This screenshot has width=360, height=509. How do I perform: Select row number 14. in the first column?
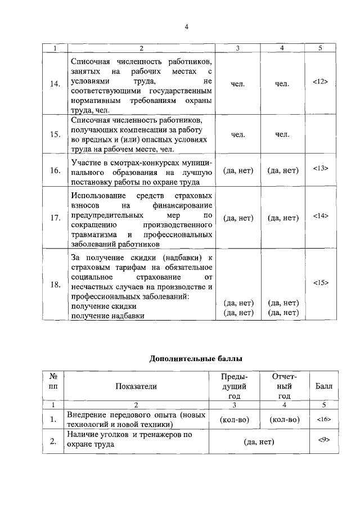click(55, 84)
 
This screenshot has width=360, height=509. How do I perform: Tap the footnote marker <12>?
click(319, 82)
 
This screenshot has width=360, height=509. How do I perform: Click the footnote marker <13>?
click(319, 168)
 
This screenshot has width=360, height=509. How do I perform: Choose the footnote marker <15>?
click(319, 282)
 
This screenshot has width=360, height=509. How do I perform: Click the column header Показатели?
click(136, 386)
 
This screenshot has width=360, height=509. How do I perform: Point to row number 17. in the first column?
click(55, 218)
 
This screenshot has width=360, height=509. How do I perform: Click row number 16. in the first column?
click(55, 172)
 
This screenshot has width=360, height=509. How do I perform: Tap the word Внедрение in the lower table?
click(87, 415)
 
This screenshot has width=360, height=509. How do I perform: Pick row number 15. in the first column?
click(55, 134)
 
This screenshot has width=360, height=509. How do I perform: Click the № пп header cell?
click(55, 381)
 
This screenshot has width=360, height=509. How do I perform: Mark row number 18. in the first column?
click(55, 285)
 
